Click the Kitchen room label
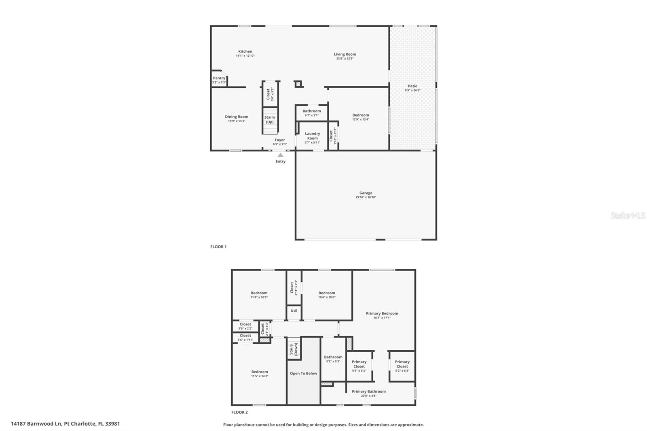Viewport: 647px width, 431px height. point(245,51)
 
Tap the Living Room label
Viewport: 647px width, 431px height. point(345,54)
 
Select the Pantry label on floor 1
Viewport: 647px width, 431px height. point(219,78)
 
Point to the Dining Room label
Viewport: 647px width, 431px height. point(237,117)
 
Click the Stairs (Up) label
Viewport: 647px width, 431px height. point(270,120)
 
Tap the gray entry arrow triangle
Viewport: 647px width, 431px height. point(280,155)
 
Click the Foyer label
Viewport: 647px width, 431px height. point(280,140)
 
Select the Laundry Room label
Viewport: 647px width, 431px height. point(312,136)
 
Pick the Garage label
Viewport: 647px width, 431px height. point(366,193)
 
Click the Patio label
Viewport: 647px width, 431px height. point(412,86)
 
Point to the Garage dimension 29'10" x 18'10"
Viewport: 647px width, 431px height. point(366,197)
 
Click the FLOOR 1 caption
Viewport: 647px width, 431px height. point(218,247)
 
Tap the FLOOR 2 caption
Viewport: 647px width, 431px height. point(239,412)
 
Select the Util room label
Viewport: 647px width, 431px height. point(294,311)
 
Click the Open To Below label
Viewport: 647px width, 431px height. point(303,373)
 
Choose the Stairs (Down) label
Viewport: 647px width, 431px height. point(294,349)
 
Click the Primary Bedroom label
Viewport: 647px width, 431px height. point(382,313)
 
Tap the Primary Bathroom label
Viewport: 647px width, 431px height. point(368,391)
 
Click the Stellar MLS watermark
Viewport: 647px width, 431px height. point(628,215)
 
